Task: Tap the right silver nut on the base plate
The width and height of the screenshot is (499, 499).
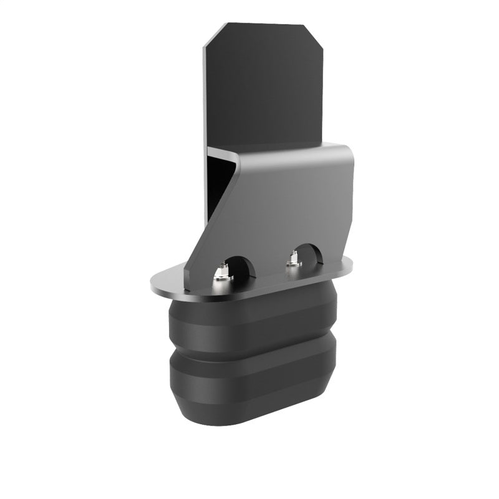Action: point(293,260)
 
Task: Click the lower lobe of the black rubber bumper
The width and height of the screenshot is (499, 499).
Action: point(249,387)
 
